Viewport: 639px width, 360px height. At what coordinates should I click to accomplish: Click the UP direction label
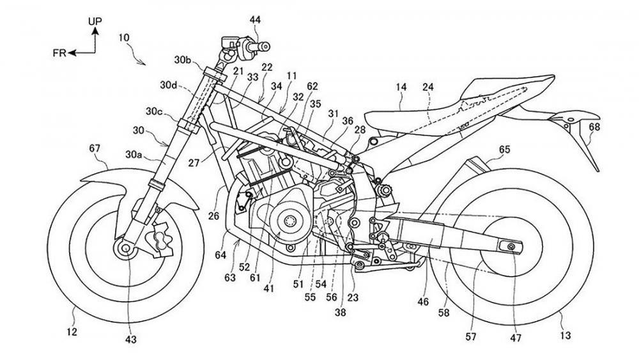point(95,21)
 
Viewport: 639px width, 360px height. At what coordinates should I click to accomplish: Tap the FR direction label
point(59,53)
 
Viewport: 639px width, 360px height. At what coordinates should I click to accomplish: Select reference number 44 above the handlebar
point(255,20)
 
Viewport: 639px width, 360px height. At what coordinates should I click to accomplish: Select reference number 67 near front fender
point(95,149)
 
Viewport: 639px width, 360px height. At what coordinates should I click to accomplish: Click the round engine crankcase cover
point(289,221)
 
